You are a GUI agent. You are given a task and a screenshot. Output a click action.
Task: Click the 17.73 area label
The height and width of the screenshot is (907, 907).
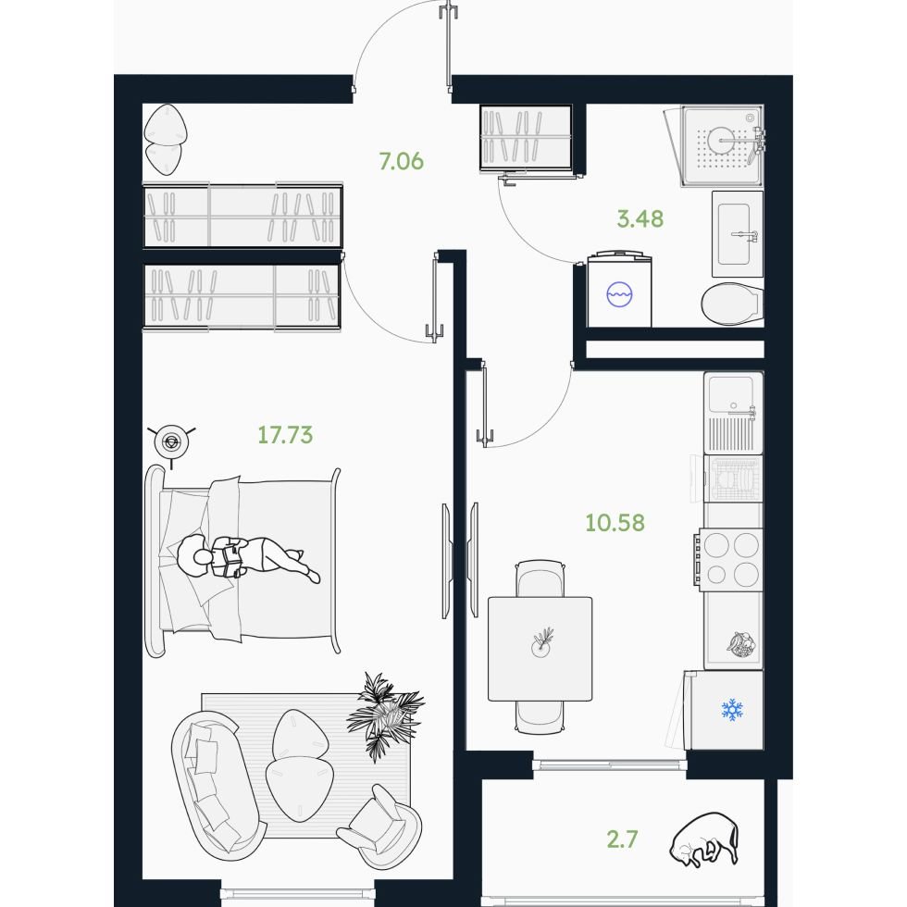(x=285, y=435)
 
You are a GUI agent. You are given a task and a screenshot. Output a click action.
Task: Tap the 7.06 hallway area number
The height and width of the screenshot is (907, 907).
(x=402, y=161)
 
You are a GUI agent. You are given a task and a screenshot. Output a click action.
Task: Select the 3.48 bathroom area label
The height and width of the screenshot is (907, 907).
(x=640, y=218)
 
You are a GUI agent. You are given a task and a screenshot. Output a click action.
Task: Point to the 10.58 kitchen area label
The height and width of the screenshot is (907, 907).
(x=615, y=522)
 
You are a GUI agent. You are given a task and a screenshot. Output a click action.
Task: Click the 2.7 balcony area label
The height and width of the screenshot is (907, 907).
(x=622, y=839)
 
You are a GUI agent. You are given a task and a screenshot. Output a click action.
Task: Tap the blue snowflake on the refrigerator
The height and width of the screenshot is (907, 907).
(x=732, y=709)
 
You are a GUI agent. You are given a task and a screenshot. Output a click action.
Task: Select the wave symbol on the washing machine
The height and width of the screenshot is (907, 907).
(x=619, y=294)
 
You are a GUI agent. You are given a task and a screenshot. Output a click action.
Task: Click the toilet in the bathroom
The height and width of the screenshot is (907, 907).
(x=732, y=304)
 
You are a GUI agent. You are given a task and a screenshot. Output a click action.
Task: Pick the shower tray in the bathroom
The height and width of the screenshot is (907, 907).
(x=723, y=146)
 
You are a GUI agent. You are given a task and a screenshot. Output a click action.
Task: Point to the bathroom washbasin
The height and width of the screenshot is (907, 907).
(x=737, y=234)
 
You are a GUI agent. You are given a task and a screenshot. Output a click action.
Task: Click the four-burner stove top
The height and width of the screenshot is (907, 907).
(x=730, y=560)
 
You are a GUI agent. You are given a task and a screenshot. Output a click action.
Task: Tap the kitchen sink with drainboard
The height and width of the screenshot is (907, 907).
(x=733, y=413)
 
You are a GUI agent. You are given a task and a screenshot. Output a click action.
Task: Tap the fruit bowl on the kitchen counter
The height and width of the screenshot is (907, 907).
(x=741, y=645)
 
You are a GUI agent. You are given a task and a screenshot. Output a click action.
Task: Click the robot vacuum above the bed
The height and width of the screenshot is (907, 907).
(x=171, y=442)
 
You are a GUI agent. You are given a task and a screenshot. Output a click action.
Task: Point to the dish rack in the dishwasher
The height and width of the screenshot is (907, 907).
(x=733, y=478)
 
